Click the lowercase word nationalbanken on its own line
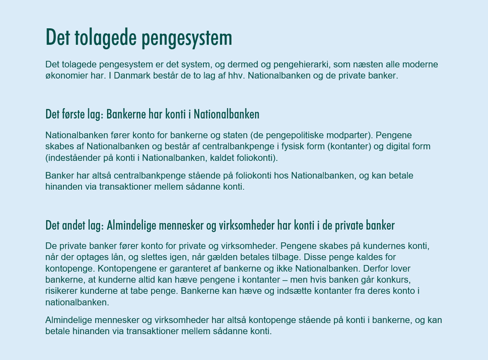click(77, 302)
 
